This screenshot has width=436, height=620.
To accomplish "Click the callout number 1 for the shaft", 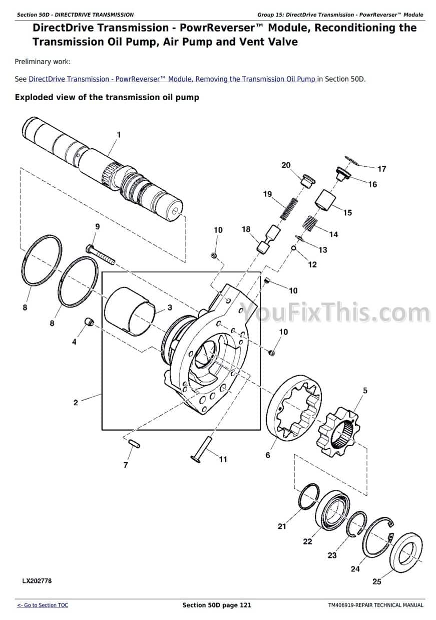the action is pyautogui.click(x=119, y=135).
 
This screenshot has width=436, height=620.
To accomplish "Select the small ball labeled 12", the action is pyautogui.click(x=293, y=248).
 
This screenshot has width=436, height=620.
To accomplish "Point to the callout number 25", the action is pyautogui.click(x=377, y=581).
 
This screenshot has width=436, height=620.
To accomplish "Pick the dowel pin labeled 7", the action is pyautogui.click(x=135, y=443).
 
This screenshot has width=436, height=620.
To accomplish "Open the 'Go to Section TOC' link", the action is pyautogui.click(x=43, y=605).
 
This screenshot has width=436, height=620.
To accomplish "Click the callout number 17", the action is pyautogui.click(x=382, y=169).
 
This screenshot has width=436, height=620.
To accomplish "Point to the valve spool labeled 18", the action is pyautogui.click(x=269, y=238).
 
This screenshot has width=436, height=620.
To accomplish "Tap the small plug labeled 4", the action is pyautogui.click(x=89, y=322).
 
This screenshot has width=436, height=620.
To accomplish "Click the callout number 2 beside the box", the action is pyautogui.click(x=76, y=403).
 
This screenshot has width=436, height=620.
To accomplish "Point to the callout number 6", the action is pyautogui.click(x=267, y=455).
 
